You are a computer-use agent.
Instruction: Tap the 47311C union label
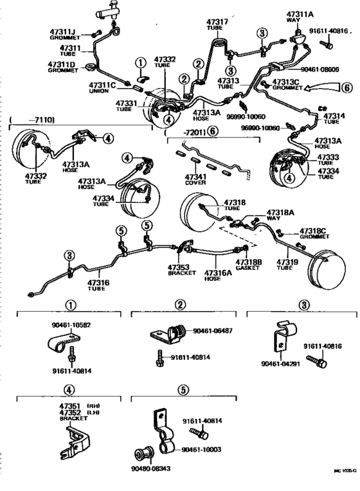[102, 84]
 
